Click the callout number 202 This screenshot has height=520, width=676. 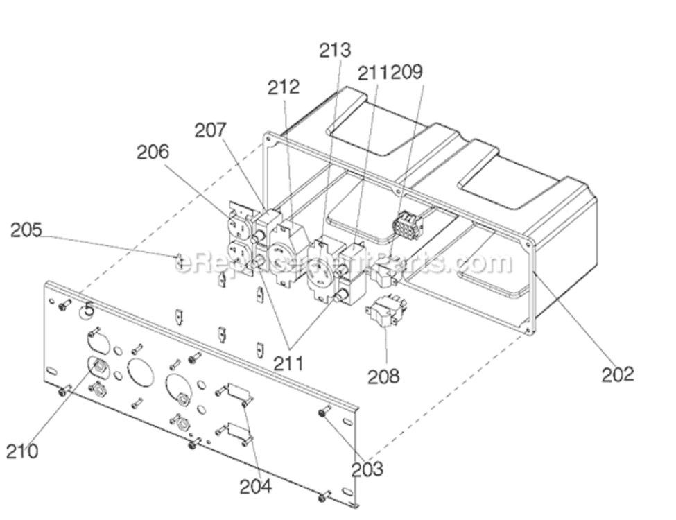point(618,374)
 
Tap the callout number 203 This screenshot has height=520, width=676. point(367,469)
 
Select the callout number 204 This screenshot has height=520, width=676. point(256,486)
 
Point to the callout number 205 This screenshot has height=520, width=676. point(26,229)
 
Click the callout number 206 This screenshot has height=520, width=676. point(153,152)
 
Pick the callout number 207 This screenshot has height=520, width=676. point(210,130)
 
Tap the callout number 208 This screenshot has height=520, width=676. point(383,376)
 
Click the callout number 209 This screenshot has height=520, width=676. point(406,72)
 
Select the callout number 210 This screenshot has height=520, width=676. point(22,451)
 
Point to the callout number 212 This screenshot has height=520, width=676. point(284,87)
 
